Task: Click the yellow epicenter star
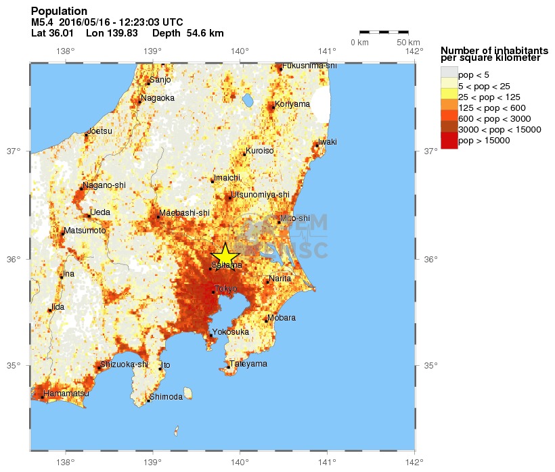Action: pyautogui.click(x=225, y=256)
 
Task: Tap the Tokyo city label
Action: pyautogui.click(x=226, y=289)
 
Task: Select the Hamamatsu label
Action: pyautogui.click(x=66, y=393)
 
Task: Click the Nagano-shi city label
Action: pyautogui.click(x=104, y=185)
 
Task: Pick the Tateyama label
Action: pyautogui.click(x=248, y=364)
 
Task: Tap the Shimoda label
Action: pyautogui.click(x=166, y=397)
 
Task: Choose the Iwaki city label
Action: pyautogui.click(x=328, y=141)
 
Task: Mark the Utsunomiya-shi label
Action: pyautogui.click(x=260, y=195)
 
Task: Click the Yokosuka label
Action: pyautogui.click(x=231, y=332)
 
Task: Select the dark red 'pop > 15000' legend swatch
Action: pyautogui.click(x=449, y=141)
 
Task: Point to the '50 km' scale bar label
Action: pyautogui.click(x=409, y=43)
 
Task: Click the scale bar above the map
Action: pyautogui.click(x=384, y=32)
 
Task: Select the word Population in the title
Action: pyautogui.click(x=59, y=11)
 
